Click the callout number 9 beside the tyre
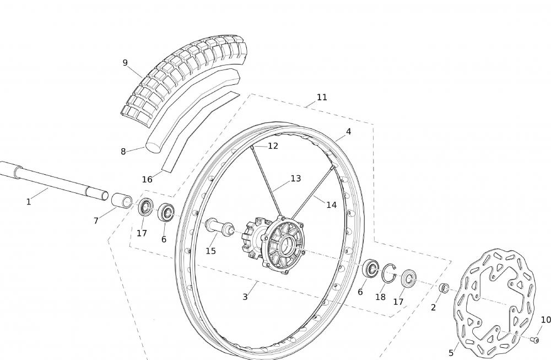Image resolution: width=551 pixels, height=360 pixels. pos(125,63)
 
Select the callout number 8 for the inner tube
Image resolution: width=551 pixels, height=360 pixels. pos(123,152)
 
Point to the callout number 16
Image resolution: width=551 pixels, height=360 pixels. pos(147,179)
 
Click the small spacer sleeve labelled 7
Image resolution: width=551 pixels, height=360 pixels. pos(122,200)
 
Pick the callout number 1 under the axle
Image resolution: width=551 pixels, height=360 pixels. pos(29,202)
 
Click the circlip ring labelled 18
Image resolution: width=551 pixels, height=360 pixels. pos(388,273)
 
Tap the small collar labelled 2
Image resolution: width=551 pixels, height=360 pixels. pos(444,288)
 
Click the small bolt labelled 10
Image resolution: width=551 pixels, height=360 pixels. pos(535,340)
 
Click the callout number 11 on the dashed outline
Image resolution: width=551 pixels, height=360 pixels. pos(322,98)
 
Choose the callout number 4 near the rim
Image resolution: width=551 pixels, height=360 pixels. pos(348,131)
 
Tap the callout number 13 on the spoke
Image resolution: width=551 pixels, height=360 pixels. pos(296,179)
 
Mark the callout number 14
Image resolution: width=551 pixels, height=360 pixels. pos(331,205)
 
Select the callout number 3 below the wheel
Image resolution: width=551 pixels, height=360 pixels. pos(245,297)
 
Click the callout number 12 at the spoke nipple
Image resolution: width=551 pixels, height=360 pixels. pos(273,146)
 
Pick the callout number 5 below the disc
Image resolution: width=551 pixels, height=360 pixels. pos(451,353)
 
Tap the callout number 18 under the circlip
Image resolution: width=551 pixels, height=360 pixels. pos(380,297)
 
